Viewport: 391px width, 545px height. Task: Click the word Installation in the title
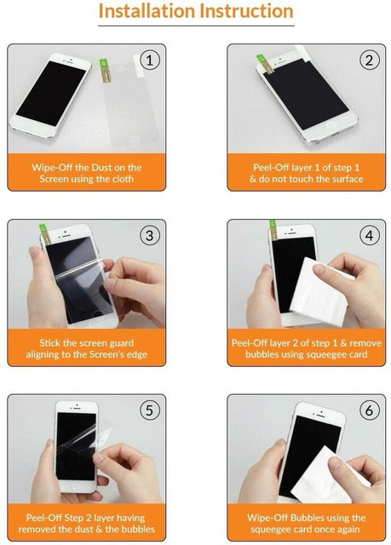(x=147, y=11)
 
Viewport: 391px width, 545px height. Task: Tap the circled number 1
(x=150, y=60)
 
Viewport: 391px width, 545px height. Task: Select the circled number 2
(x=369, y=60)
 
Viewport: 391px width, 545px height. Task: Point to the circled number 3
(x=150, y=236)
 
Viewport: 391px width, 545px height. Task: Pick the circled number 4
(x=369, y=236)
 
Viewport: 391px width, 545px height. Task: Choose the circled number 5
(x=150, y=410)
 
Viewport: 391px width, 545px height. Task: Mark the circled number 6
(x=369, y=410)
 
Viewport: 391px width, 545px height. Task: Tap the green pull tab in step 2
(x=261, y=59)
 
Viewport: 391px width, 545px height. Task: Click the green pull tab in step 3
(x=43, y=228)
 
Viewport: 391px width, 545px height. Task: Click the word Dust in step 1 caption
(x=101, y=168)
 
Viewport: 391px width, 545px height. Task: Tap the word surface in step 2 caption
(x=345, y=179)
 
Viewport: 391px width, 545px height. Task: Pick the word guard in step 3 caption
(x=121, y=343)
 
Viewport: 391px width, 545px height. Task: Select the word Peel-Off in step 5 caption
(x=41, y=518)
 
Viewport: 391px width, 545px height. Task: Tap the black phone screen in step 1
(x=51, y=93)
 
